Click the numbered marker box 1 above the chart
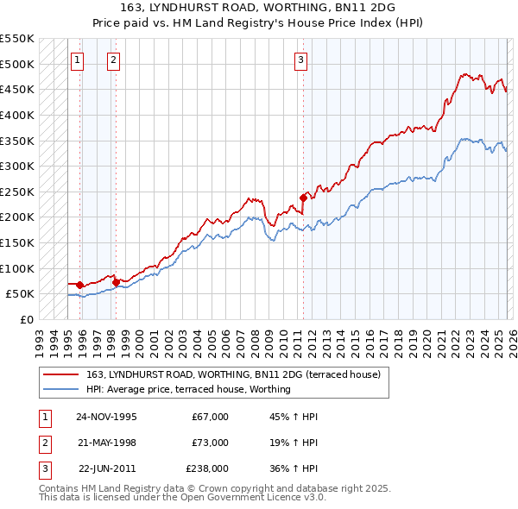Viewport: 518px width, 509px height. point(78,60)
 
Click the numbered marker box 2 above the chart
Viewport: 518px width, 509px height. point(114,60)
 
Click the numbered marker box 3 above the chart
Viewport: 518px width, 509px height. point(300,60)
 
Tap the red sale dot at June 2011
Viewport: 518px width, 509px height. point(303,198)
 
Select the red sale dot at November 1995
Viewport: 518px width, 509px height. point(80,285)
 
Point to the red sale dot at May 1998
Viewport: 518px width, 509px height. point(116,281)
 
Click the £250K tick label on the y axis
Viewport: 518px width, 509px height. point(17,192)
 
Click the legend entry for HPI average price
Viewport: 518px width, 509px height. point(188,389)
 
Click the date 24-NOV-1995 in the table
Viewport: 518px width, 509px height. point(107,417)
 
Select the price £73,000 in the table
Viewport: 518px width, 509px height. point(211,443)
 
